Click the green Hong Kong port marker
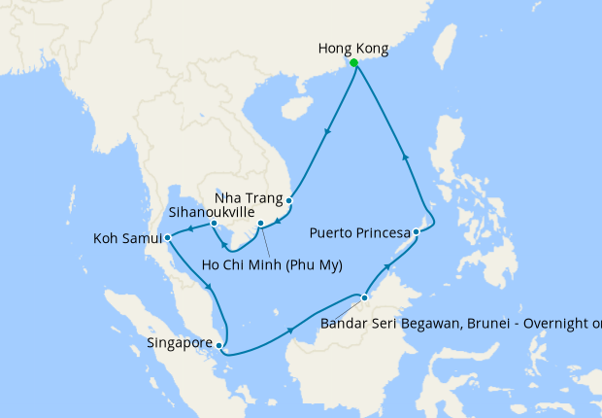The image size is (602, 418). point(353,63)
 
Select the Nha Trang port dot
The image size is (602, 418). point(288,201)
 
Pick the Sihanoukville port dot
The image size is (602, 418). point(214,225)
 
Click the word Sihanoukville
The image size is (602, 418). point(212,209)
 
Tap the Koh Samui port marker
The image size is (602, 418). point(168,236)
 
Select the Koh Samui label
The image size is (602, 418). point(126,237)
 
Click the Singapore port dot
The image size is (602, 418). point(220,344)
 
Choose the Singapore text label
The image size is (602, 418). point(181,342)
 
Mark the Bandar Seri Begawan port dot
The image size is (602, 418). point(364,297)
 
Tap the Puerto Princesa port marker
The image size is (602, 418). point(416,231)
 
